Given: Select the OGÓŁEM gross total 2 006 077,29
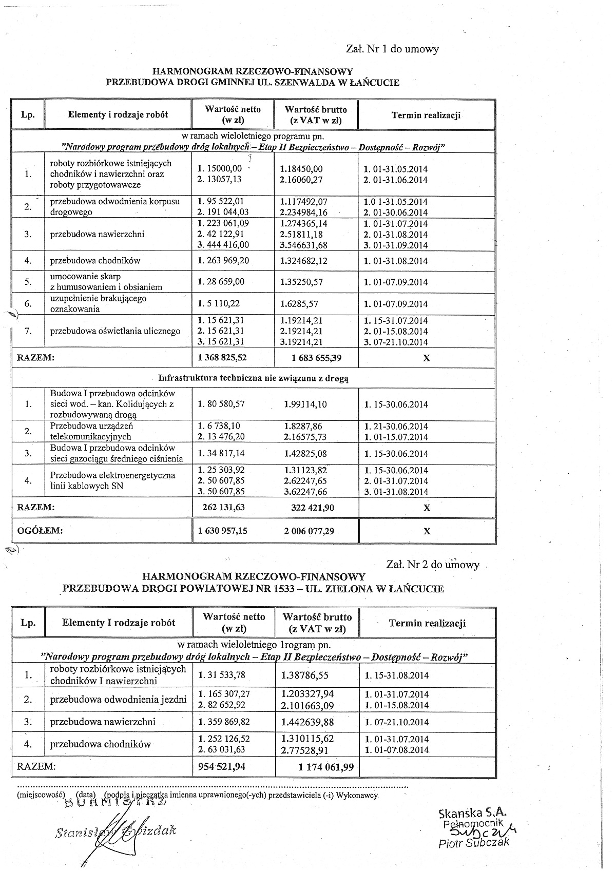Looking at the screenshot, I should [x=309, y=531].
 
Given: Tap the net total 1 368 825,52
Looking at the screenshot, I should [x=222, y=358].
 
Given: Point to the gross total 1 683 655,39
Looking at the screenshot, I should [x=309, y=358].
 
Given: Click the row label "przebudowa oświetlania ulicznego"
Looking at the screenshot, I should [x=115, y=331].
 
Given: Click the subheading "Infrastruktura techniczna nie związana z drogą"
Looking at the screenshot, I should [x=253, y=378].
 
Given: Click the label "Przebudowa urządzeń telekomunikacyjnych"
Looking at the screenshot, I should [x=90, y=431].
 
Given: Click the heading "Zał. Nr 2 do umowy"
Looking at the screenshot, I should [x=432, y=565].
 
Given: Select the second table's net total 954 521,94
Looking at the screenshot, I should [x=221, y=767].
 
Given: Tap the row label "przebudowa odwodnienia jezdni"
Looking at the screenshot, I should [x=118, y=700].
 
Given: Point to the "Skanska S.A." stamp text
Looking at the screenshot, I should [x=472, y=813].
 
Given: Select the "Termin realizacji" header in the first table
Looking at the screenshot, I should [x=426, y=115].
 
